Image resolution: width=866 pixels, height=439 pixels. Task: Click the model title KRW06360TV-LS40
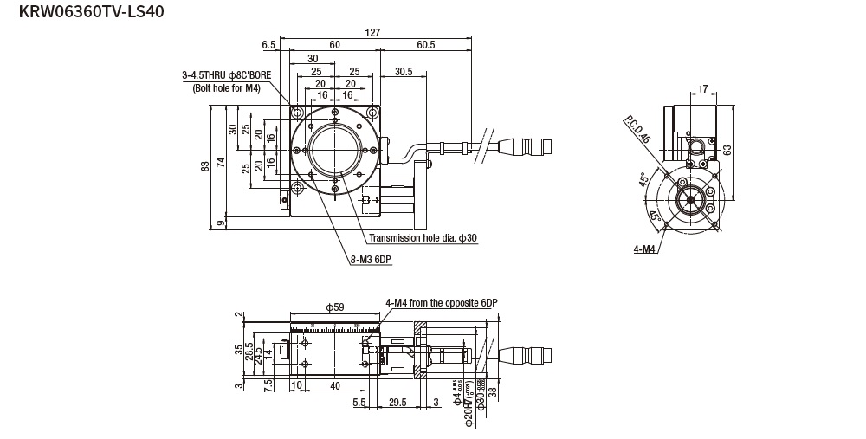(x=85, y=11)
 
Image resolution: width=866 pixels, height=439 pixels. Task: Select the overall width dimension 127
(x=372, y=33)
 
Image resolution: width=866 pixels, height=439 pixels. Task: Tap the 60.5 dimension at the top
(x=425, y=45)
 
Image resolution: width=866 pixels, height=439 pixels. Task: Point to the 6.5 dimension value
(x=268, y=45)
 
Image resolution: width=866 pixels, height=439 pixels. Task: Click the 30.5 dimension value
(x=403, y=72)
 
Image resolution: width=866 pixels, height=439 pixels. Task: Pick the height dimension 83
(x=205, y=166)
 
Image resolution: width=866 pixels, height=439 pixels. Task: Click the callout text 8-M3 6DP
(x=372, y=259)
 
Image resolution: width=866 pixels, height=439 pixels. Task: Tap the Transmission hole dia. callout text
(x=423, y=238)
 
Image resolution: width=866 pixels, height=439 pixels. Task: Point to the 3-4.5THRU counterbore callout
(x=227, y=75)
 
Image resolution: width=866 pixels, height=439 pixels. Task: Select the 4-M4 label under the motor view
(x=643, y=249)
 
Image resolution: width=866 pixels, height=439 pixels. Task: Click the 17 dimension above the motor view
(x=702, y=88)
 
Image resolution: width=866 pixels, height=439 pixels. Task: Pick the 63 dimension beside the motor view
(x=728, y=149)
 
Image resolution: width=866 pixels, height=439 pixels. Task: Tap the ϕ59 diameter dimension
(x=334, y=307)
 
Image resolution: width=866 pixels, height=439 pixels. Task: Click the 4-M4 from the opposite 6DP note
(x=442, y=302)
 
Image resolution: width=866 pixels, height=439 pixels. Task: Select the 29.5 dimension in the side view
(x=398, y=403)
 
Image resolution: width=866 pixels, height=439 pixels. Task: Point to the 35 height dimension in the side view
(x=238, y=351)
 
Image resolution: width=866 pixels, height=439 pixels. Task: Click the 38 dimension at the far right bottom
(x=493, y=393)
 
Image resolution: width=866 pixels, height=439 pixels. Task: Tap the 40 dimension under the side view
(x=334, y=386)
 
